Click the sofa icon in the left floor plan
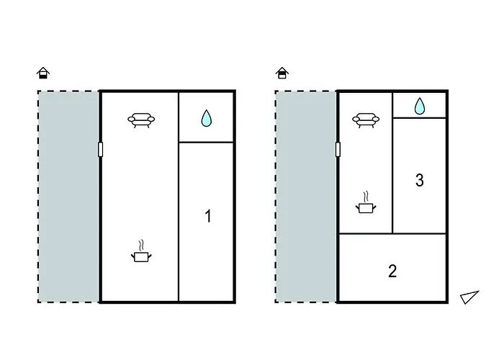click(x=141, y=120)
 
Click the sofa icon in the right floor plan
click(x=366, y=120)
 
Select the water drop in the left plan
click(x=207, y=118)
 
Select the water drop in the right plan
click(x=420, y=107)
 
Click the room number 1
click(x=208, y=216)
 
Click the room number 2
click(x=392, y=271)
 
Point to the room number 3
click(x=420, y=180)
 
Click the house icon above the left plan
click(x=43, y=73)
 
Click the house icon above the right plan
click(x=282, y=73)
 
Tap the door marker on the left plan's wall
click(x=100, y=150)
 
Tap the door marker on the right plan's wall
click(x=338, y=150)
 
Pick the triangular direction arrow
click(x=469, y=297)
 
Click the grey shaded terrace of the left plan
click(x=68, y=197)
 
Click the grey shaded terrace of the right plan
click(x=306, y=197)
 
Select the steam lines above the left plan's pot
click(x=141, y=246)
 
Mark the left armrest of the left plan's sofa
click(x=131, y=120)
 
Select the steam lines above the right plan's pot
click(x=366, y=197)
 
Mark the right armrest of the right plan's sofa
click(x=376, y=120)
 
